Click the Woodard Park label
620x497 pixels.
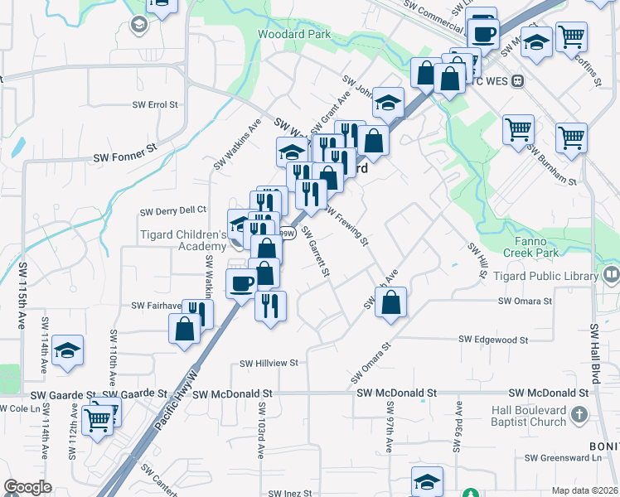pyautogui.click(x=293, y=34)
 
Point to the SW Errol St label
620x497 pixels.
pyautogui.click(x=155, y=105)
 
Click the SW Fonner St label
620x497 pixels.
pyautogui.click(x=124, y=156)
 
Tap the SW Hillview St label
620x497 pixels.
pyautogui.click(x=269, y=363)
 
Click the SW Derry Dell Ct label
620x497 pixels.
pyautogui.click(x=172, y=210)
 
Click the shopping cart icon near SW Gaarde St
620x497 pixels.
pyautogui.click(x=99, y=420)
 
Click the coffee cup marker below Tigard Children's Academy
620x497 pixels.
pyautogui.click(x=242, y=283)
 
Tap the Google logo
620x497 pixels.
pyautogui.click(x=28, y=487)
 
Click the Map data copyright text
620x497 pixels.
pyautogui.click(x=584, y=490)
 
